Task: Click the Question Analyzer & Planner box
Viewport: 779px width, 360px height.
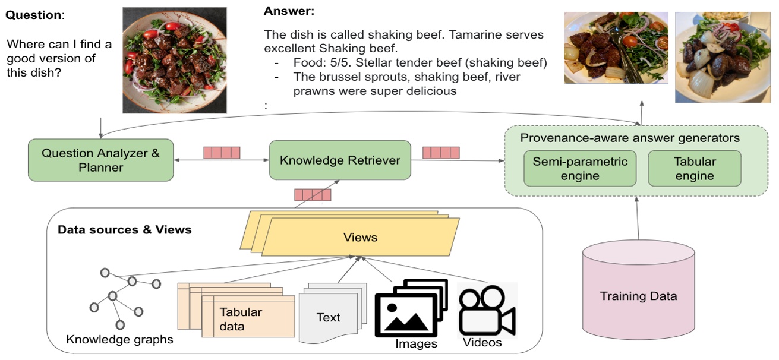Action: tap(100, 160)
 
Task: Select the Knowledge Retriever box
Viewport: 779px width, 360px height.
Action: tap(340, 160)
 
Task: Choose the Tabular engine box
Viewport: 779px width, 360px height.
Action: tap(694, 168)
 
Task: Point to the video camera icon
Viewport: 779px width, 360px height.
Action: tap(487, 311)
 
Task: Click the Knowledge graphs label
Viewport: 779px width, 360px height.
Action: tap(120, 340)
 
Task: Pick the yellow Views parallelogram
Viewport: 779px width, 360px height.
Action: tap(360, 237)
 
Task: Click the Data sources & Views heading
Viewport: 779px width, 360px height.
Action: tap(124, 229)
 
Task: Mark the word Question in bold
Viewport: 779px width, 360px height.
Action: tap(33, 15)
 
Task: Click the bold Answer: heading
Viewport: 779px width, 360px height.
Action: tap(289, 11)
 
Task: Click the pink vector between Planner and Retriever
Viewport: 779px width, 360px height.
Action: tap(222, 153)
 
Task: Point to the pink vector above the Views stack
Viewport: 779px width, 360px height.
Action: tap(313, 195)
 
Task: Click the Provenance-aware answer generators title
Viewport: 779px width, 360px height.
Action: tap(630, 138)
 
